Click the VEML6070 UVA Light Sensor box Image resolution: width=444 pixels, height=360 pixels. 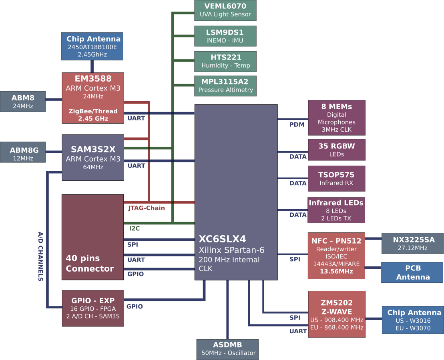(225, 10)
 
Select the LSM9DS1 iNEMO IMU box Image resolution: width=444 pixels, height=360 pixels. (225, 36)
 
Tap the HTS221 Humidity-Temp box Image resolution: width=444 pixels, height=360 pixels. (225, 61)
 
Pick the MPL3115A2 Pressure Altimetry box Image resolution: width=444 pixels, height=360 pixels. (225, 86)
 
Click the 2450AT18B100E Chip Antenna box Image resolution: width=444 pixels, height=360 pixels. (92, 46)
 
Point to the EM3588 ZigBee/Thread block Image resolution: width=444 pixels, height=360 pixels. (93, 98)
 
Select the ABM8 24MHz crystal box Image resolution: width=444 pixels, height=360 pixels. (23, 102)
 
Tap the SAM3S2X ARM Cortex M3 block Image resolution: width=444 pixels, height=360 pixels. (93, 158)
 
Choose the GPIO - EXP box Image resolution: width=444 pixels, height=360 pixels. (93, 308)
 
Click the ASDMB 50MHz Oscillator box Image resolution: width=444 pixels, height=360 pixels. (227, 349)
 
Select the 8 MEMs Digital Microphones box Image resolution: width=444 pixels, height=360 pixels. (336, 118)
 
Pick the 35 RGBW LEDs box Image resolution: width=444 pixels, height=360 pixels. (336, 150)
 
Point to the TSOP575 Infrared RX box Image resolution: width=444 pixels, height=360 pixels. (336, 179)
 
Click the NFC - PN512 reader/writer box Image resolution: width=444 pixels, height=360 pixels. (336, 256)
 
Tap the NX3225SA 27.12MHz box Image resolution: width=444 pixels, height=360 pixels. (412, 243)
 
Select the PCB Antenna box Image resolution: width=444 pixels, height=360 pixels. (412, 272)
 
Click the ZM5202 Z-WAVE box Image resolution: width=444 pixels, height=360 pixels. (336, 314)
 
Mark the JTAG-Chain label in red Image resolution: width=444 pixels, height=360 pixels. (146, 208)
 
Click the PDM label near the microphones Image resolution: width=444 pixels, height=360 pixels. (297, 125)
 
